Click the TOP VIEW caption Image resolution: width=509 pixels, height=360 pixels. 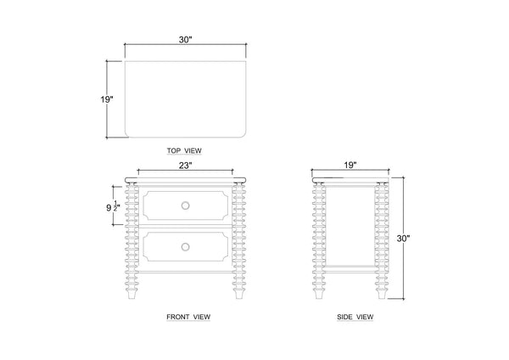[x=184, y=151]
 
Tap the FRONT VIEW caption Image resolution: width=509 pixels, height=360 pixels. [x=188, y=317]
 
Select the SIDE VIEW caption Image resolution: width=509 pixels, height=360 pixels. [x=355, y=317]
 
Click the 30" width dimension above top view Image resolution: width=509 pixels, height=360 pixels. [x=186, y=40]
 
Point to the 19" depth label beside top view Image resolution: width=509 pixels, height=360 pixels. [x=107, y=99]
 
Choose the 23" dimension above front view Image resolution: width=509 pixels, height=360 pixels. [x=186, y=166]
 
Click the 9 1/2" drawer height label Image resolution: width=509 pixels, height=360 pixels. [x=114, y=206]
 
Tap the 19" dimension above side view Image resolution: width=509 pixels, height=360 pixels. [x=350, y=165]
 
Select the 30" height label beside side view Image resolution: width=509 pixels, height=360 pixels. [x=404, y=239]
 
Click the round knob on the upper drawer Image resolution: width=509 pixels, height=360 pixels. [x=185, y=205]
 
